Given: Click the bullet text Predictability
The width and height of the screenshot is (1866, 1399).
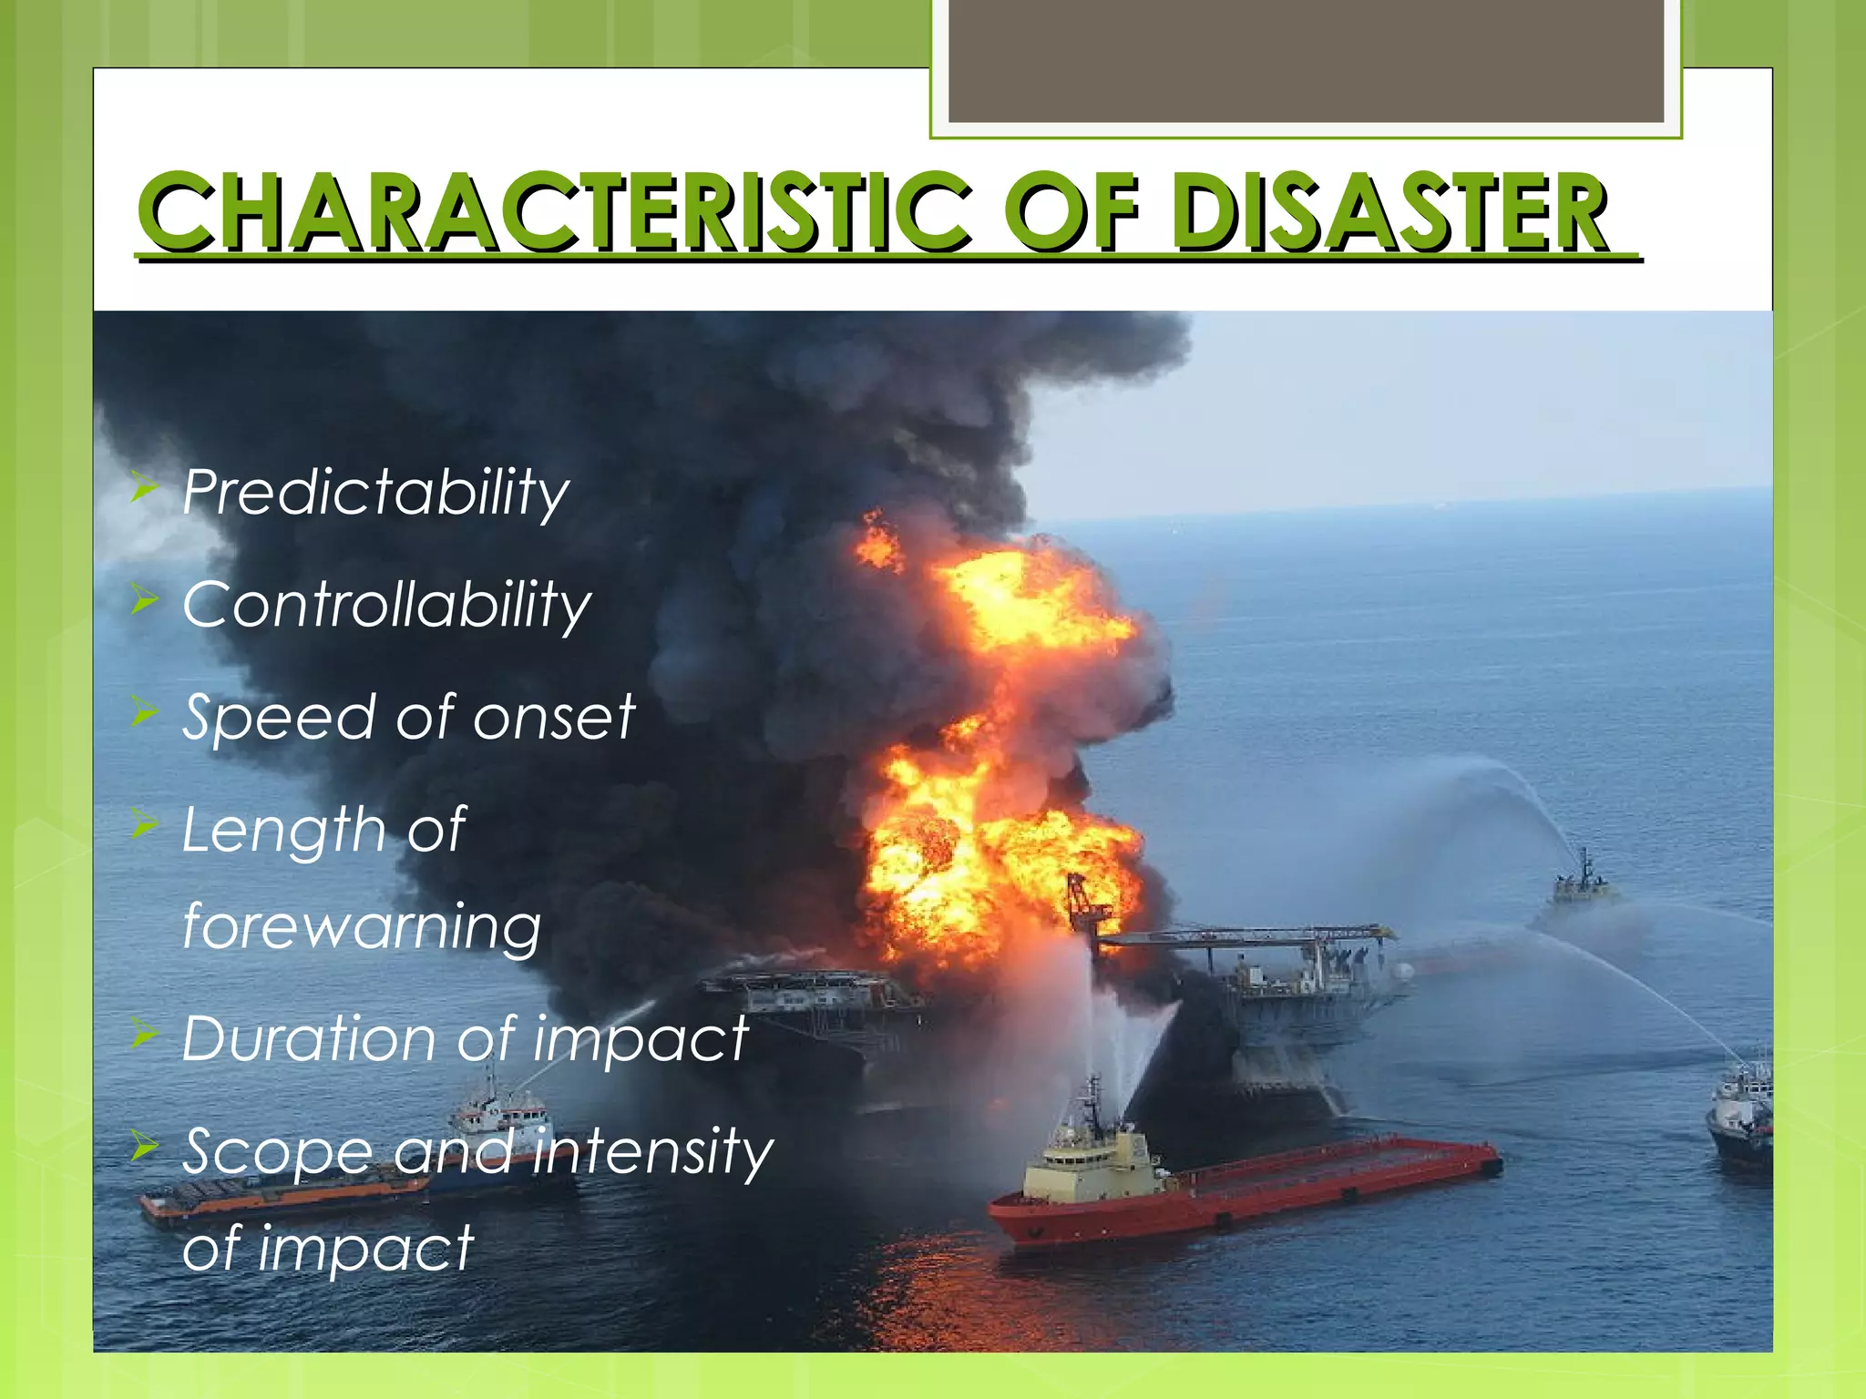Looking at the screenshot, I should pos(375,493).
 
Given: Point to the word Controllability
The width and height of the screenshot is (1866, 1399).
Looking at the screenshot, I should pos(386,605).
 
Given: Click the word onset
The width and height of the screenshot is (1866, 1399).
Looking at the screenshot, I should pos(553,717).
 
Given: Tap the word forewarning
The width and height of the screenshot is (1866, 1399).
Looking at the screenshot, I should pos(362,926).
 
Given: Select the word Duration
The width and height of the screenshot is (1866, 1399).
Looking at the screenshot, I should pos(309,1038).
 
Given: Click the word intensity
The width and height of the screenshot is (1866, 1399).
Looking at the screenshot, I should pos(652,1151).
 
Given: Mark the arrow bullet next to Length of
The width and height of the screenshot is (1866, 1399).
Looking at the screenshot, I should pos(145,824).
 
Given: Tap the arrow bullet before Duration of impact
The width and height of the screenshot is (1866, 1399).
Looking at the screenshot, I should pos(145,1034).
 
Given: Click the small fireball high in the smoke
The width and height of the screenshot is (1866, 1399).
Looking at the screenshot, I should pos(877,543).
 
